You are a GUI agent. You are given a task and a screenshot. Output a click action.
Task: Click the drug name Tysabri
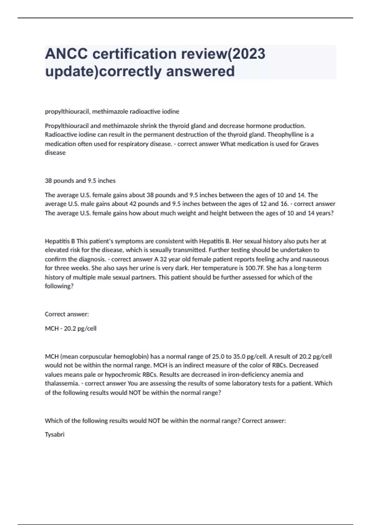point(54,435)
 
